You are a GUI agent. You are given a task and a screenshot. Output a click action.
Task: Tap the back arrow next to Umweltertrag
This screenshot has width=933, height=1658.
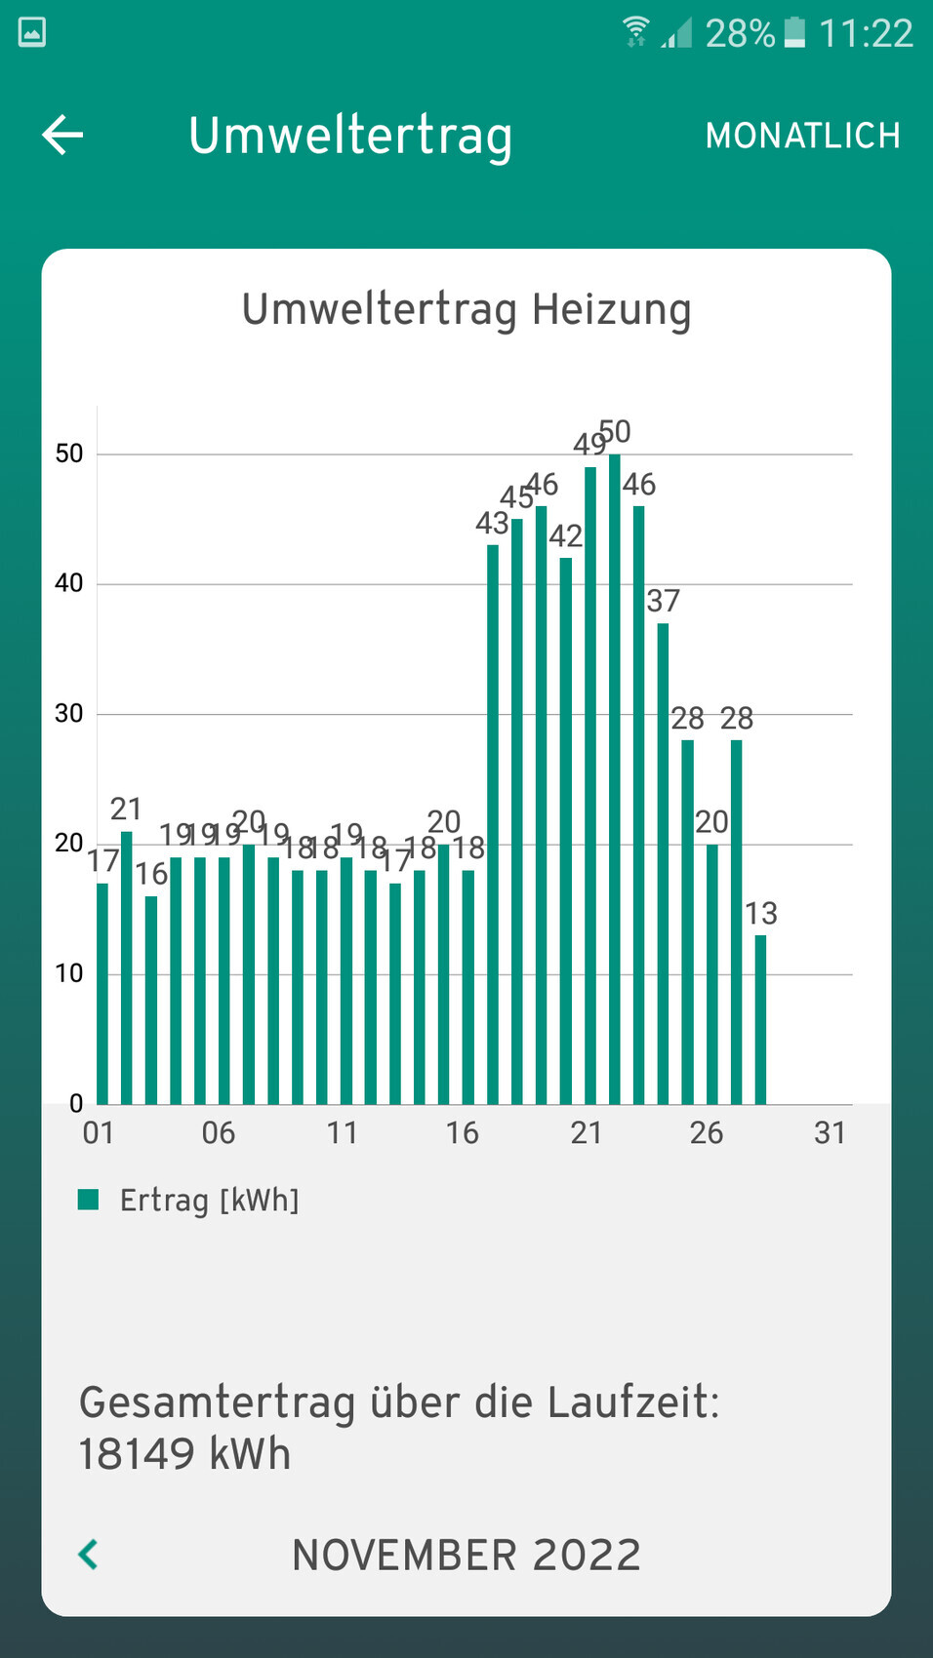(x=62, y=135)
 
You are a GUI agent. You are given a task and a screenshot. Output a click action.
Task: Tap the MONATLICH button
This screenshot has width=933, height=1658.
(x=802, y=136)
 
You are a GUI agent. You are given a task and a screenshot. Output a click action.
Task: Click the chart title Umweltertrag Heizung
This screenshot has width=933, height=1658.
(x=466, y=309)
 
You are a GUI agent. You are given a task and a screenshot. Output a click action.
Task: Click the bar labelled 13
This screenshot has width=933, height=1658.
(x=760, y=1019)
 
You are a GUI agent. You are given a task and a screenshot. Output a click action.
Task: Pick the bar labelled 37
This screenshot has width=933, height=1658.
(x=663, y=863)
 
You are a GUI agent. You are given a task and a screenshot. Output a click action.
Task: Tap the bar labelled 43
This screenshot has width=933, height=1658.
(x=492, y=824)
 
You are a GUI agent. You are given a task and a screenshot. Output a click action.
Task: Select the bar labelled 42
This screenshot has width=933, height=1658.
(x=565, y=830)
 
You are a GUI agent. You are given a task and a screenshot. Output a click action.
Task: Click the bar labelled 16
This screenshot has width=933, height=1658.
(x=150, y=1000)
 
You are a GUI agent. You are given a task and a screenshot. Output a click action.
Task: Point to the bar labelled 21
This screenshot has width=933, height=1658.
(x=126, y=967)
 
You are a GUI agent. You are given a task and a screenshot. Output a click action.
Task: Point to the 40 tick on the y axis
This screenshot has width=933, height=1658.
(x=69, y=583)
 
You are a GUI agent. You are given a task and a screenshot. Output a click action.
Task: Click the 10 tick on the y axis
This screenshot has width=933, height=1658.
(x=69, y=973)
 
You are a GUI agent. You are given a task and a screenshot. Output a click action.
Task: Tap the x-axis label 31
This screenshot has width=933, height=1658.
(x=830, y=1132)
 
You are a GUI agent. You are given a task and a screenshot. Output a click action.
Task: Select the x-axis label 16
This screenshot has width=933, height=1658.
(x=462, y=1132)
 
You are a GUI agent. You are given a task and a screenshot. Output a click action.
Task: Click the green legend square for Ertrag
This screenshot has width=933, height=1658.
(x=89, y=1200)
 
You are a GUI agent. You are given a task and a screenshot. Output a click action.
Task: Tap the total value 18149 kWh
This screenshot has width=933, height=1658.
(x=184, y=1454)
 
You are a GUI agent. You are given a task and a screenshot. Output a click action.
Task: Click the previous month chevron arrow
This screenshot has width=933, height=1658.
(x=88, y=1554)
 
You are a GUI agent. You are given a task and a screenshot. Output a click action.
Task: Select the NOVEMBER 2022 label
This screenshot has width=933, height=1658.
(x=466, y=1555)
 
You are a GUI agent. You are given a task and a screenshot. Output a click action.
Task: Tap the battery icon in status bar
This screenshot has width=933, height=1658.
(x=794, y=32)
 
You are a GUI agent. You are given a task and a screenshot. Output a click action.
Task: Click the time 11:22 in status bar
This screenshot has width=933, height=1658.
(x=866, y=33)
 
